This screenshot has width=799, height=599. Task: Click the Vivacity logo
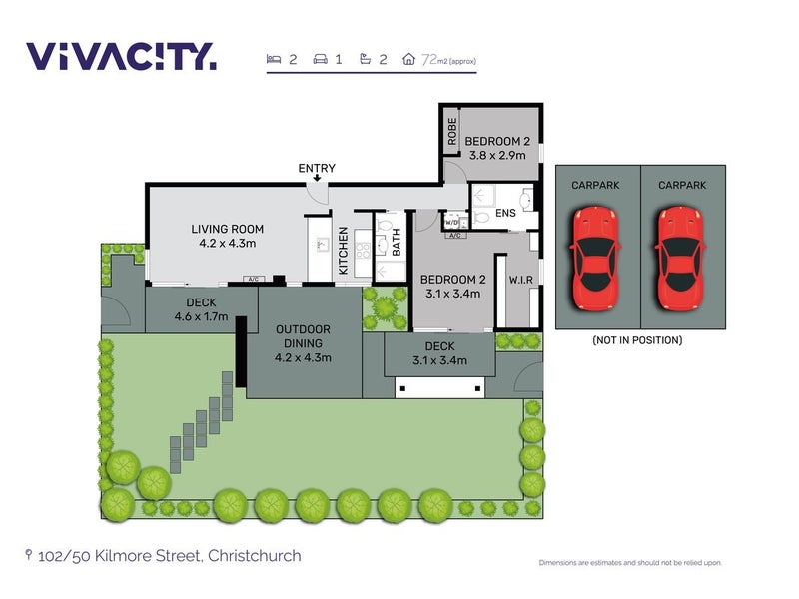click(121, 56)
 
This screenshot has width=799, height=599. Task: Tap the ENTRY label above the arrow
click(317, 168)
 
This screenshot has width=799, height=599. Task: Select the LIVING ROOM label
click(228, 230)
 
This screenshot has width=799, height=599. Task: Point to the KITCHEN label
click(343, 251)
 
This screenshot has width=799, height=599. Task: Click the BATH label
click(396, 242)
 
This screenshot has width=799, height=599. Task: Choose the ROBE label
click(452, 131)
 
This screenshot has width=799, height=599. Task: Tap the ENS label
click(505, 213)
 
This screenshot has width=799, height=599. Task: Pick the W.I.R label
click(520, 280)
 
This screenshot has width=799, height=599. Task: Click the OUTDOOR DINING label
click(303, 336)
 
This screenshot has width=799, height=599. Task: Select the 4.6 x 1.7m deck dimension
click(201, 316)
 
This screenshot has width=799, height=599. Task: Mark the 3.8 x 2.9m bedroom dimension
click(497, 156)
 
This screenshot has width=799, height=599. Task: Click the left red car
click(595, 259)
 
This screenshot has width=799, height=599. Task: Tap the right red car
click(680, 259)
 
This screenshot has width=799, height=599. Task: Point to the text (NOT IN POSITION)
click(637, 340)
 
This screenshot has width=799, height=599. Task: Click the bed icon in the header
click(274, 59)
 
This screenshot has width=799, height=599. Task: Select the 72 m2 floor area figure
click(448, 60)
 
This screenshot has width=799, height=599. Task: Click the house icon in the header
click(408, 59)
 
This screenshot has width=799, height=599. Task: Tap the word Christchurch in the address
click(255, 556)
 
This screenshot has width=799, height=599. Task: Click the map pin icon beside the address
click(29, 555)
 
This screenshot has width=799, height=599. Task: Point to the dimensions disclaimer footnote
click(630, 563)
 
